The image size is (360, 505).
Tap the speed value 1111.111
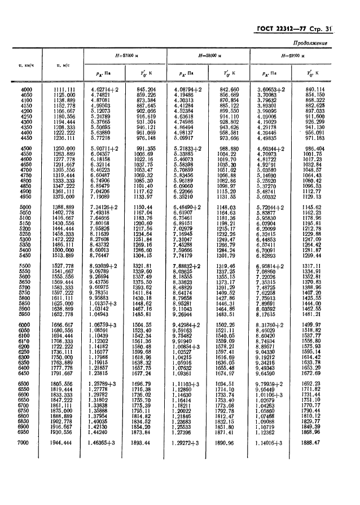(x=65, y=89)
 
